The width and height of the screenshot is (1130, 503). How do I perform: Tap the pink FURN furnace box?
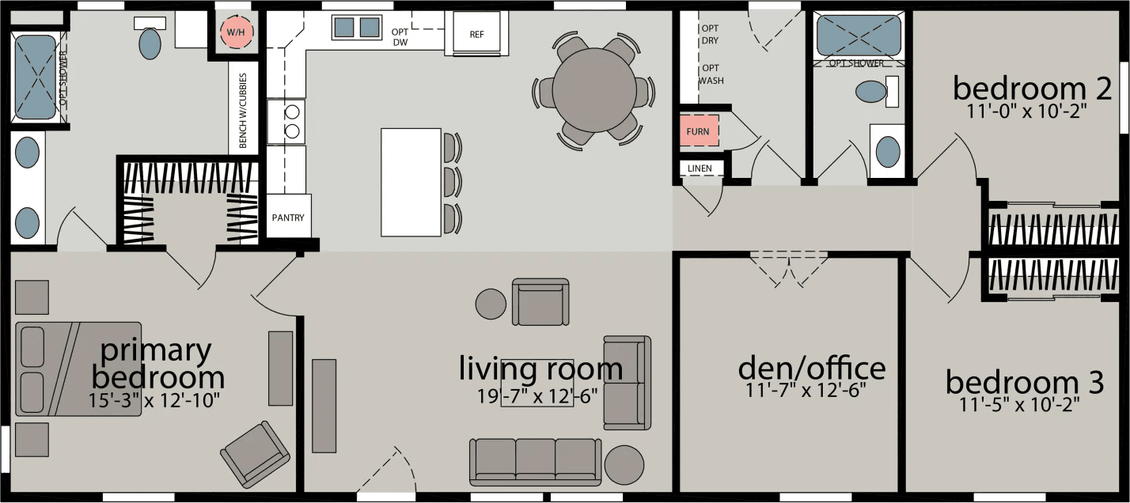coord(698,131)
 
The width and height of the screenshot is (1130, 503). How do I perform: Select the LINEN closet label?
coord(700,168)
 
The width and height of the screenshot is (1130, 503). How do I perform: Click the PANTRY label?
coord(288,217)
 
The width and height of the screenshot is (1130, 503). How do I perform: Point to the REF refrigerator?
coord(476,34)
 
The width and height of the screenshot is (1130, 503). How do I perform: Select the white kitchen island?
coord(411,182)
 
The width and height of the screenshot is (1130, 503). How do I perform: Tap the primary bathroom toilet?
coord(150,42)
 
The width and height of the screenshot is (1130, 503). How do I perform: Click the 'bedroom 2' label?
coord(1026,88)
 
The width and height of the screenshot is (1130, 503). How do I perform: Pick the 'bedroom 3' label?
coord(1024,384)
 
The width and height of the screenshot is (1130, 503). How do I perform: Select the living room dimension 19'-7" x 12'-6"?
coord(538,395)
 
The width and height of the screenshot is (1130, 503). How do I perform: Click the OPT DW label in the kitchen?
coord(400,37)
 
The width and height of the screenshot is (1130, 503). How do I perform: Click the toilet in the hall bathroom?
coord(871,91)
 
